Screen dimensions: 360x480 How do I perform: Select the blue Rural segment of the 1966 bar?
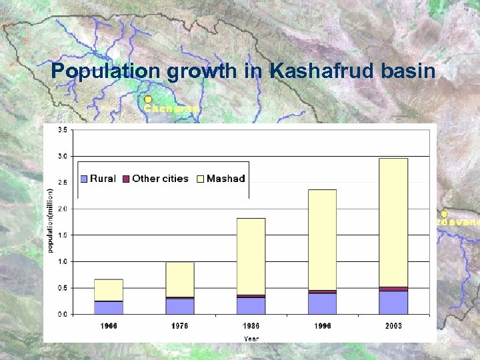108,307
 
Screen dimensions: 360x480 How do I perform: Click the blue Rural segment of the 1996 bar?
322,303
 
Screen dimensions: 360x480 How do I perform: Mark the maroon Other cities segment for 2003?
393,289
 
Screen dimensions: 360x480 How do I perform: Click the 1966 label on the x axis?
108,325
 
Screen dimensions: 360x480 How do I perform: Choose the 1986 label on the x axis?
251,325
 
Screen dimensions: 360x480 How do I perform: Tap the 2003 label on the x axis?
393,325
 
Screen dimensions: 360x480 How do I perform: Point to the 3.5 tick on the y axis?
61,130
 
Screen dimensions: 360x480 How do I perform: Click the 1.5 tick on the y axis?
61,235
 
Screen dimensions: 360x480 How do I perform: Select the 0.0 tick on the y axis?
61,314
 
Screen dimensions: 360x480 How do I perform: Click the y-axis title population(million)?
49,220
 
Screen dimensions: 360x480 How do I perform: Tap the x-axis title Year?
251,338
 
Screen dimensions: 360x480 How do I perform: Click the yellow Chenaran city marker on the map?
148,99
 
